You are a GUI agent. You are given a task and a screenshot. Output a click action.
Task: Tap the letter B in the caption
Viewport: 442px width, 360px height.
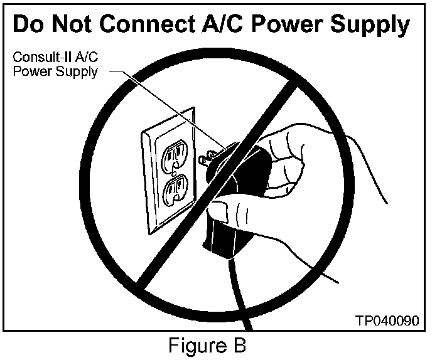coord(239,346)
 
